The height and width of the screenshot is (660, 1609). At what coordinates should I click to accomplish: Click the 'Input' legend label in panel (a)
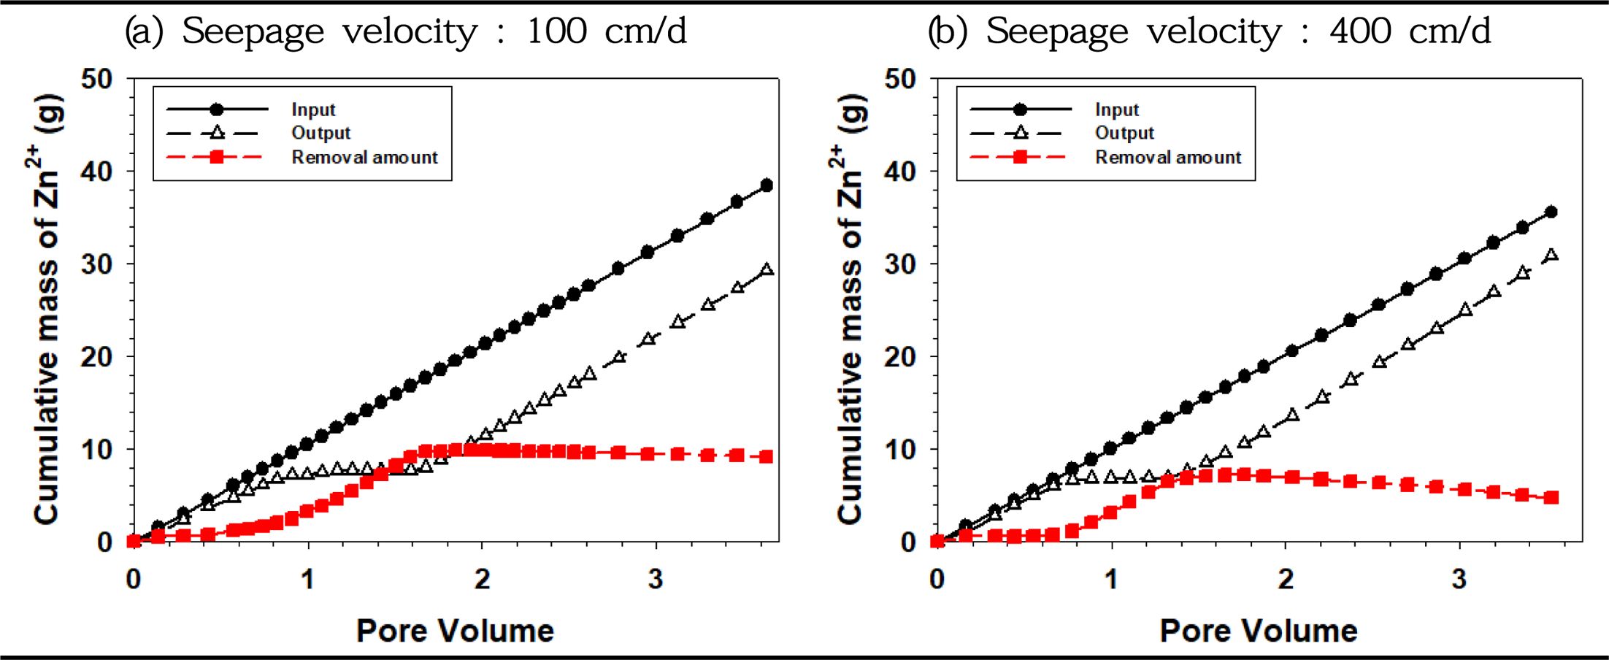pos(313,110)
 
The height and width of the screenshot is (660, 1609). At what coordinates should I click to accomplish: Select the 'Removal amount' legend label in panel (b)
pos(1167,157)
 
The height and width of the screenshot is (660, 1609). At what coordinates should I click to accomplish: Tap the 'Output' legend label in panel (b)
pos(1124,133)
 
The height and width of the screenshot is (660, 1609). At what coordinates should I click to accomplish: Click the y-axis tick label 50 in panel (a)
pos(97,79)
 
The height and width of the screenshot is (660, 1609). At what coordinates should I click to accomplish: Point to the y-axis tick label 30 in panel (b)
pos(900,264)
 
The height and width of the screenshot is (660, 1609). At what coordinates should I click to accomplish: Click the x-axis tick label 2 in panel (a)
pos(482,580)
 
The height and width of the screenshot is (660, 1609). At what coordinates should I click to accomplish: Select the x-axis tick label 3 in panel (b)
pos(1459,580)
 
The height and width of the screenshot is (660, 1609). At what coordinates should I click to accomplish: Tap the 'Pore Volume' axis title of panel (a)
pos(455,631)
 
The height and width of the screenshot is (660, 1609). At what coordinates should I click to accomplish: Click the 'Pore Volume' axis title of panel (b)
pos(1259,631)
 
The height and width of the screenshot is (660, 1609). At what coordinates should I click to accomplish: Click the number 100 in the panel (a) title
pos(557,31)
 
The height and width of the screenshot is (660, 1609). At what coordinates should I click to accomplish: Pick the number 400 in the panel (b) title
pos(1359,31)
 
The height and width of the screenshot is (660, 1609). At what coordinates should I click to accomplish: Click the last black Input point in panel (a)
pos(767,185)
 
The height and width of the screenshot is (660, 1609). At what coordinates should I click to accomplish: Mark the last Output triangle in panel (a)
pos(767,269)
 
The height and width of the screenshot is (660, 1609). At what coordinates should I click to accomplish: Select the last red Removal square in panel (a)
pos(767,456)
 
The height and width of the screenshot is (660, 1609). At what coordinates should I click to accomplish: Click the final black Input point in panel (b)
pos(1552,212)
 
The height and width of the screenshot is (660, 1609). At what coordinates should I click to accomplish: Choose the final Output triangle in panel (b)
pos(1552,255)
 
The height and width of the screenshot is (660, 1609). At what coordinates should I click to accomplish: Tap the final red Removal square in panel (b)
pos(1552,497)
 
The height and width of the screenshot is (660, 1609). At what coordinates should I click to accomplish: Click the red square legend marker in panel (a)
pos(216,157)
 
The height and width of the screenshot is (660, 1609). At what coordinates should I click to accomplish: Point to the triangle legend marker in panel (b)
pos(1020,133)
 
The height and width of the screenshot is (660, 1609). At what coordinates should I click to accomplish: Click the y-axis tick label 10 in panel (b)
pos(900,450)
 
